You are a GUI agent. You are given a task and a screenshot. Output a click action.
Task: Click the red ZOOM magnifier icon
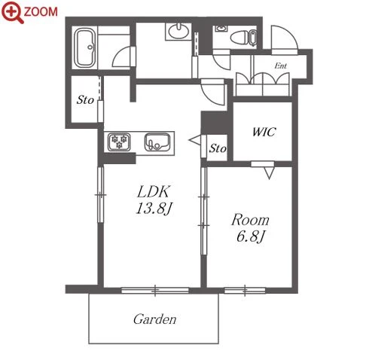(x=13, y=12)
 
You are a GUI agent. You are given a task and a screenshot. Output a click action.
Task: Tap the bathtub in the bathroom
(x=86, y=47)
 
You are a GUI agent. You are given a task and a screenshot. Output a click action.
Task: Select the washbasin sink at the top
(x=178, y=32)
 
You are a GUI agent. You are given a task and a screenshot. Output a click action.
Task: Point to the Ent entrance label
(x=280, y=66)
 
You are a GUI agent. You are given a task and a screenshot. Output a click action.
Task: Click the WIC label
(x=264, y=132)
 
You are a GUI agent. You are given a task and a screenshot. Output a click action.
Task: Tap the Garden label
(x=154, y=319)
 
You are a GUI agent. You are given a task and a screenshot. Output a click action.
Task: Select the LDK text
(x=154, y=191)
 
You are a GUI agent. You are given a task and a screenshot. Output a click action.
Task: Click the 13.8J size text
(x=154, y=209)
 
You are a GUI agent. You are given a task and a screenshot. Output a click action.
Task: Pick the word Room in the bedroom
(x=250, y=220)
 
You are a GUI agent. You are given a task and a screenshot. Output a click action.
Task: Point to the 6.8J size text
(x=251, y=236)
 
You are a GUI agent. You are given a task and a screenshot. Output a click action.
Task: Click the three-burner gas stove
(x=119, y=142)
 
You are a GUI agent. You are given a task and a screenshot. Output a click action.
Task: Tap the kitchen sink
(x=157, y=142)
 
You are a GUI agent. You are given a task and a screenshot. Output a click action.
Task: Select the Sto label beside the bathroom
(x=85, y=100)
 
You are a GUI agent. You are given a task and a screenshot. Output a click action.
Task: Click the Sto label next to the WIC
(x=218, y=148)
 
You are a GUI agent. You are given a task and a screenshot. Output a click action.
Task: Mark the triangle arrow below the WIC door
(x=269, y=173)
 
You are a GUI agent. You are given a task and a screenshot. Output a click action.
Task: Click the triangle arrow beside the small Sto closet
(x=195, y=140)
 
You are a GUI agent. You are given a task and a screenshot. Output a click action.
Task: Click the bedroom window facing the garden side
(x=245, y=291)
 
